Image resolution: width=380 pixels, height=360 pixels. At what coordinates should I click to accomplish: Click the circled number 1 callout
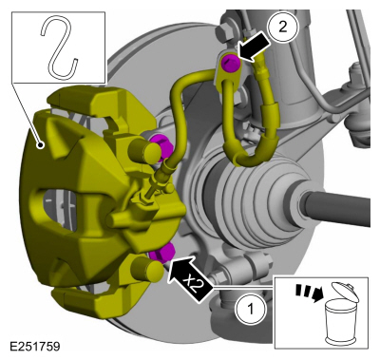coord(251,309)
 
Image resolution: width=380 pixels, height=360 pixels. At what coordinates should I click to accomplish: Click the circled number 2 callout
coord(283,27)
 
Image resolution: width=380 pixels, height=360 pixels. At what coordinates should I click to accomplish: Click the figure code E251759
coord(35,346)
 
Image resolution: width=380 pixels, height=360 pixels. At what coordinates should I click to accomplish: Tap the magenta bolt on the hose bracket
coord(231,63)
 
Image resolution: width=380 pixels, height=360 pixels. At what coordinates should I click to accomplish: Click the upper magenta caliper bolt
coord(161,146)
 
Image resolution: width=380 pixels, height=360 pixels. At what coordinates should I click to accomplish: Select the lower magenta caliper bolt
coord(162,252)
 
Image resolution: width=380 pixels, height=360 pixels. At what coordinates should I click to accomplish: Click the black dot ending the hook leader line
coord(40,145)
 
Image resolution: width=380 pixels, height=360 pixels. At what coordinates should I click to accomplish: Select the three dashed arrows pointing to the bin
coord(308,293)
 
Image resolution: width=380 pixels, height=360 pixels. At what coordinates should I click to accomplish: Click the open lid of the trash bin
coord(345,291)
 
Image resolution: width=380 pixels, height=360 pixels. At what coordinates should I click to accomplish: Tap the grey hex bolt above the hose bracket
coord(224,30)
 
